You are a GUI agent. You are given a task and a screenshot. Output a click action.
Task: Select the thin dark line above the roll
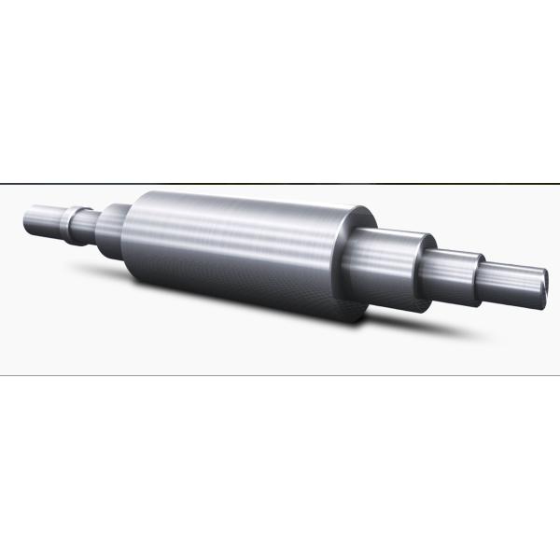tap(280, 180)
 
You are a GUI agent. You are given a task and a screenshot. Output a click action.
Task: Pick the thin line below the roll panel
tap(280, 375)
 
